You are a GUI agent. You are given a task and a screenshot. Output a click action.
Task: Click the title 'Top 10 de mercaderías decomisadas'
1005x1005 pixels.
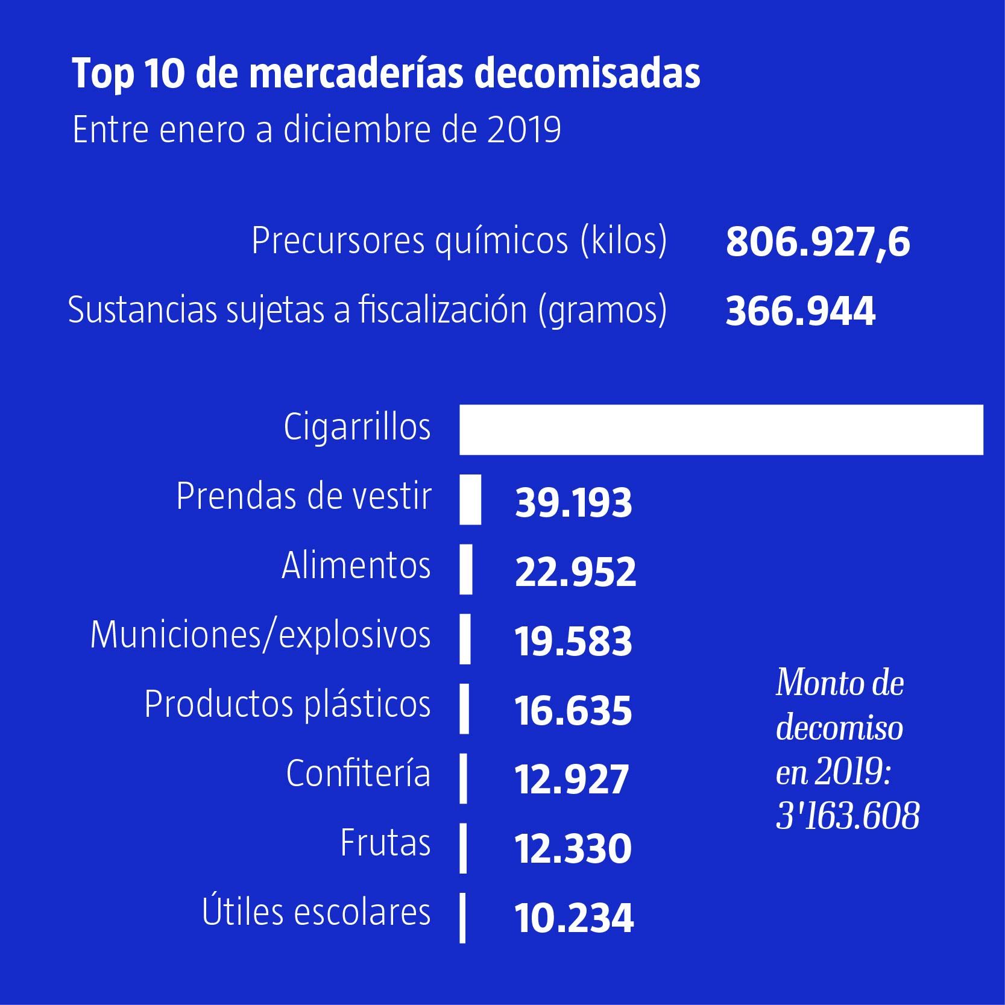(x=386, y=74)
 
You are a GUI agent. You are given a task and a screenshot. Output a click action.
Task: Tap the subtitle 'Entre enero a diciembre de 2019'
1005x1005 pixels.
(x=317, y=130)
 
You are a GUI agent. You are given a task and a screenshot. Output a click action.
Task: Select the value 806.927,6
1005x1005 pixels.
(x=818, y=242)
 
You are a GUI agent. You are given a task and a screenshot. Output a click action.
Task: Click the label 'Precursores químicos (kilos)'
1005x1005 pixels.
(x=459, y=241)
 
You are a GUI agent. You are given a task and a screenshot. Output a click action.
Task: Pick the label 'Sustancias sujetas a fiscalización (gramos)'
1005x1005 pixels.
(x=367, y=310)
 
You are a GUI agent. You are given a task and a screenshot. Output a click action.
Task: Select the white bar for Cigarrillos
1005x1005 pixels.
(x=720, y=430)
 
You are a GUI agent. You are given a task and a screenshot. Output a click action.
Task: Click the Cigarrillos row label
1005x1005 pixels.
(x=358, y=427)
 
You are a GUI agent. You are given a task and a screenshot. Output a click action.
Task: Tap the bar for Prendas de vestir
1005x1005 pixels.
(x=470, y=499)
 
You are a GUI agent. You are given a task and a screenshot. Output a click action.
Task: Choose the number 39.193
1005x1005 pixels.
(x=573, y=502)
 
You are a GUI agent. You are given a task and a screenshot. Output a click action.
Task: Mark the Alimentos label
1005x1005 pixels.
(x=356, y=566)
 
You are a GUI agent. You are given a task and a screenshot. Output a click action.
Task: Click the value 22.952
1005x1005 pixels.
(x=575, y=572)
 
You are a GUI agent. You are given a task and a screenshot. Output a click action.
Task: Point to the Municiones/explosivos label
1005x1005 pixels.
(x=260, y=635)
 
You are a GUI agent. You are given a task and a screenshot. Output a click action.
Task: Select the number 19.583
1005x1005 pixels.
(x=573, y=641)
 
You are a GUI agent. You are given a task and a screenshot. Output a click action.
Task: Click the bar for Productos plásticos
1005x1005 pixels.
(x=464, y=708)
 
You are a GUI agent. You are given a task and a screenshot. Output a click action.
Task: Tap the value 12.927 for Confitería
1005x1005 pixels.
(x=572, y=779)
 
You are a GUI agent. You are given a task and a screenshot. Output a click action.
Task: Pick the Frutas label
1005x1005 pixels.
(x=385, y=843)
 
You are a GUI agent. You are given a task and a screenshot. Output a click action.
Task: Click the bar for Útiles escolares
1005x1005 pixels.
(x=462, y=917)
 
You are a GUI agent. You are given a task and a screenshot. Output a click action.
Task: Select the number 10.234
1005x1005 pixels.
(x=574, y=918)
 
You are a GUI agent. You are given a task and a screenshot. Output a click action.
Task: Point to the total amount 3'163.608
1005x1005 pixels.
(x=847, y=817)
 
